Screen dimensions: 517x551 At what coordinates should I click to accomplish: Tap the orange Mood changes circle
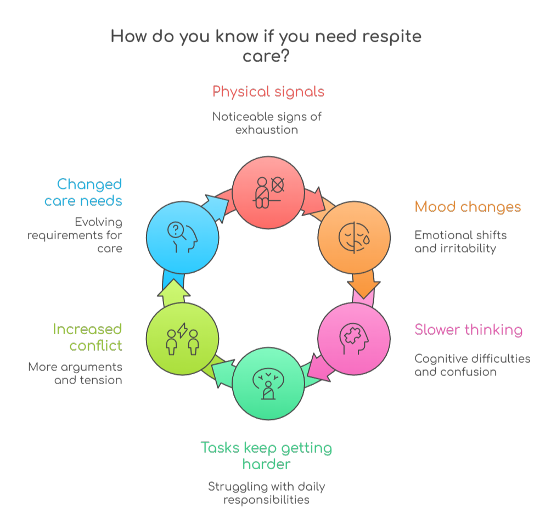point(355,238)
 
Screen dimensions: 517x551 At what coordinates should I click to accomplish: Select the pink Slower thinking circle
point(354,338)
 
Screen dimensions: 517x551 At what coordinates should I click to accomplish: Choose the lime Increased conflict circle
point(182,338)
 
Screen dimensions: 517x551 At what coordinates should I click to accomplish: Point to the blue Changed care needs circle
point(182,237)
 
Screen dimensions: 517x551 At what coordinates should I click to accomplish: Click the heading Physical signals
point(268,91)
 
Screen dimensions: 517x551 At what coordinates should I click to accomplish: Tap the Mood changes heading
point(468,207)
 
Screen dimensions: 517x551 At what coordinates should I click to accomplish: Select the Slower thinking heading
point(468,330)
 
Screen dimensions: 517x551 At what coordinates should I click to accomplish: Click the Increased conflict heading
point(87,337)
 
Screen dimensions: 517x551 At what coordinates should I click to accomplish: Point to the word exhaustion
point(267,130)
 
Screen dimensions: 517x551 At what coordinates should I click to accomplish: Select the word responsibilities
point(266,499)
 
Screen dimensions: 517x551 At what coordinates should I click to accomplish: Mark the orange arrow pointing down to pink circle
point(363,286)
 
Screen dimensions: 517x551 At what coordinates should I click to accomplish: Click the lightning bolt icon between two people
point(182,331)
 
